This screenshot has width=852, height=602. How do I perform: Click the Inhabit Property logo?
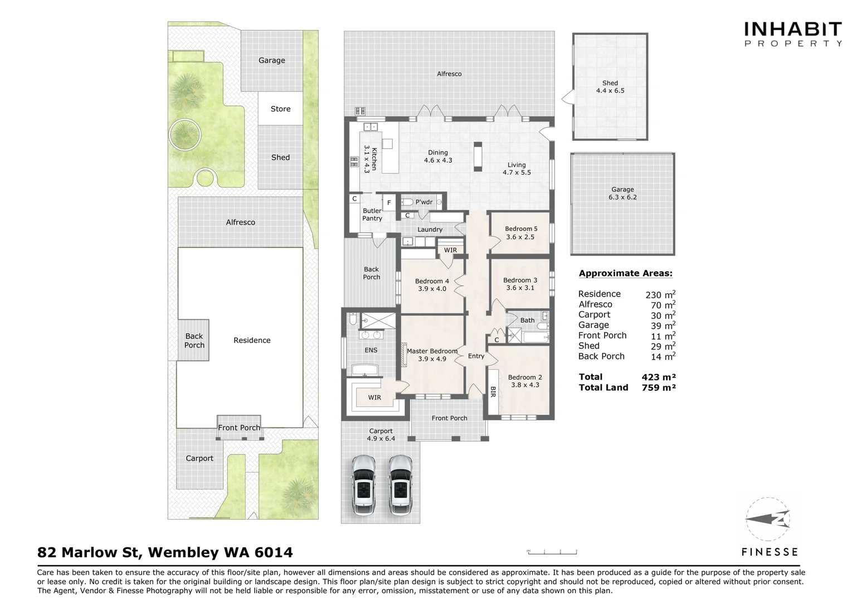click(x=793, y=33)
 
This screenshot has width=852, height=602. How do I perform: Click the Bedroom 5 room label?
click(x=520, y=233)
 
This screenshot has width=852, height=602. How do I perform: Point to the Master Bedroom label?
click(x=432, y=355)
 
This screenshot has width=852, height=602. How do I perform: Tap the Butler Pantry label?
click(x=372, y=215)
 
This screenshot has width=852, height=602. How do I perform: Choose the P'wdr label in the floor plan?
click(x=424, y=202)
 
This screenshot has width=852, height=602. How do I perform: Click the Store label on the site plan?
click(x=280, y=109)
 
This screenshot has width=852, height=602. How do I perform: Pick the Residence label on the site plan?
click(x=252, y=341)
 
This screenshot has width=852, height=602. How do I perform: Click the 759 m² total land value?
click(x=659, y=387)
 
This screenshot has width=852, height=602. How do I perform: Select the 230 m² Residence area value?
click(x=660, y=294)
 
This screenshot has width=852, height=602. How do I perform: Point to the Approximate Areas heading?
click(x=625, y=274)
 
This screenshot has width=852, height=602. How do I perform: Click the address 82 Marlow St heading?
click(x=165, y=552)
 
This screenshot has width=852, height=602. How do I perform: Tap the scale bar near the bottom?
click(x=552, y=552)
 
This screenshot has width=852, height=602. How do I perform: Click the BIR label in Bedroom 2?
click(x=493, y=392)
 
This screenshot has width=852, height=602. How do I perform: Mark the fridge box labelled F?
click(x=389, y=202)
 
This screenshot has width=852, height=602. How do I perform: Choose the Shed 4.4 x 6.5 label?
click(x=610, y=87)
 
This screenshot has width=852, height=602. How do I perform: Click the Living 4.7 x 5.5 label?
click(x=517, y=169)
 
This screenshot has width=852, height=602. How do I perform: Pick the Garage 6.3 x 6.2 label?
click(x=622, y=193)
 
